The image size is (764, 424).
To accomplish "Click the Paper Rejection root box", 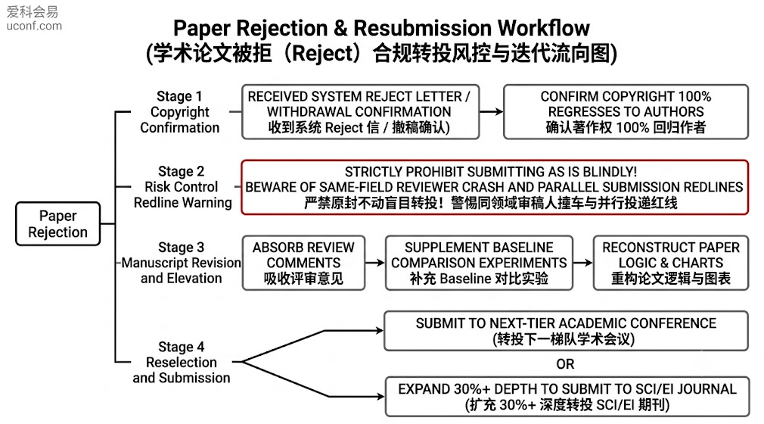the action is [x=58, y=223].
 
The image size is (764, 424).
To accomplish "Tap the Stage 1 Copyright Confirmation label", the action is [x=179, y=112].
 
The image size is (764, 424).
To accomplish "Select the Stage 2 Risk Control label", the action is [x=183, y=187].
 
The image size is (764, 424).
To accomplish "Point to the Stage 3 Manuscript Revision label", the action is [x=181, y=263].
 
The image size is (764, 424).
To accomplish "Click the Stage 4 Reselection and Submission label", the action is [x=182, y=362].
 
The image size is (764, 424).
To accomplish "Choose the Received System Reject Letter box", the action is [x=361, y=112].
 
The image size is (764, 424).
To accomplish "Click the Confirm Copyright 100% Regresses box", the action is [x=626, y=112].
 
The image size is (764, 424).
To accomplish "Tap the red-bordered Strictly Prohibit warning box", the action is [x=495, y=187].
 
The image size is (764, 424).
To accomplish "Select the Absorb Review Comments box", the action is [x=303, y=263].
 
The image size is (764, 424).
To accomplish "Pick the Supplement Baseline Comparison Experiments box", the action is [x=479, y=263].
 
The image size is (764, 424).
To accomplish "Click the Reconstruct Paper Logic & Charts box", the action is [x=671, y=263].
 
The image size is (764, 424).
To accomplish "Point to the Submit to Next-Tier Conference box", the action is [x=566, y=331].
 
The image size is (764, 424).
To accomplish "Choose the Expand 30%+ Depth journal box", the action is [x=567, y=397].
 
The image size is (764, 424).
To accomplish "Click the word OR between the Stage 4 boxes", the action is [x=565, y=364].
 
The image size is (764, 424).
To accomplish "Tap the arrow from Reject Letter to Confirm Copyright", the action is [x=491, y=112].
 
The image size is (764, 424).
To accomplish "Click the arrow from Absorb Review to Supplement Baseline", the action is [x=374, y=263].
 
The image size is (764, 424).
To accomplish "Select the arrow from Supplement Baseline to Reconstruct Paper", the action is [x=582, y=263].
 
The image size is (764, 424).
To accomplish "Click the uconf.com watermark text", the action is [x=34, y=26].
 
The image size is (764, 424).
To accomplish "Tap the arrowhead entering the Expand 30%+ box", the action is [x=380, y=397].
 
